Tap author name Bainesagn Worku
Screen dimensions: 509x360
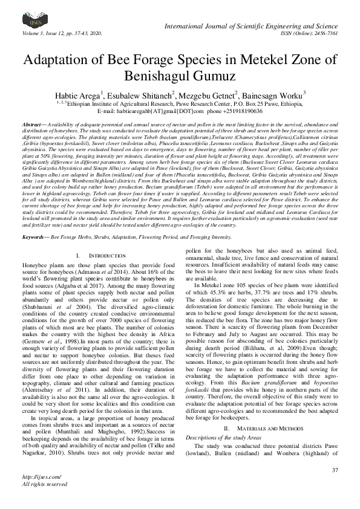click(x=272, y=95)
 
